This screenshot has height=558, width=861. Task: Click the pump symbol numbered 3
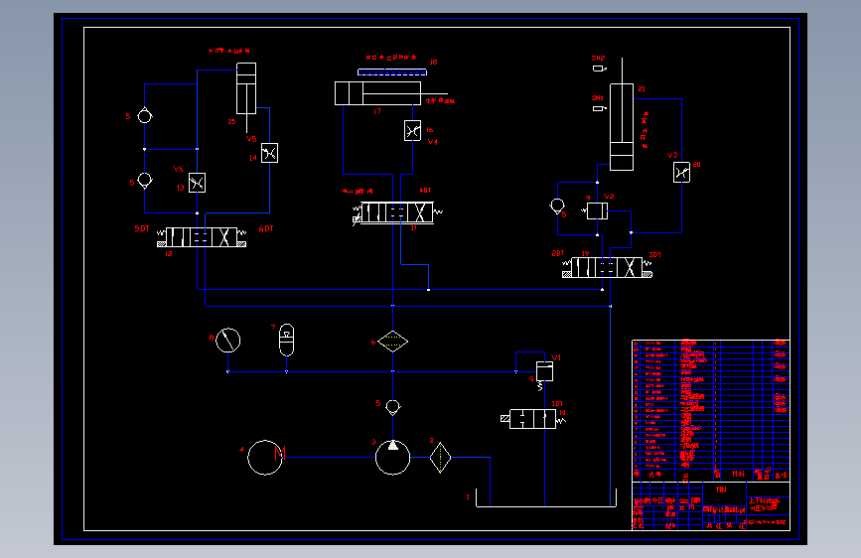coord(392,458)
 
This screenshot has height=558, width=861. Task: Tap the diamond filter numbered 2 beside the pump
coord(441,458)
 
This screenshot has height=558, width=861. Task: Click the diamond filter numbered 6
coord(392,342)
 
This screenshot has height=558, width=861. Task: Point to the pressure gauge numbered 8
coord(227,341)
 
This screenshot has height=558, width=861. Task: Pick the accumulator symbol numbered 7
coord(287,338)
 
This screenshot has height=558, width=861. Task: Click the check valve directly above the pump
coord(392,406)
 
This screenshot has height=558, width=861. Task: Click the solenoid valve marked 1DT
coord(533,419)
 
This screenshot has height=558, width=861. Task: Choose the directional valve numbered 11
coord(395,212)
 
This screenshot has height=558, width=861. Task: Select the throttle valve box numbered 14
coord(269,153)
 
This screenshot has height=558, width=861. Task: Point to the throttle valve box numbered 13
coord(197,183)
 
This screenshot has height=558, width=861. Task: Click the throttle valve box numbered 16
coord(412,131)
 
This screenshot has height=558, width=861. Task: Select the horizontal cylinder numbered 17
coord(379,93)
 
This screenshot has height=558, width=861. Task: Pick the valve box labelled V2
coord(598,210)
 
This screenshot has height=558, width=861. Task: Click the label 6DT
coord(266,229)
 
